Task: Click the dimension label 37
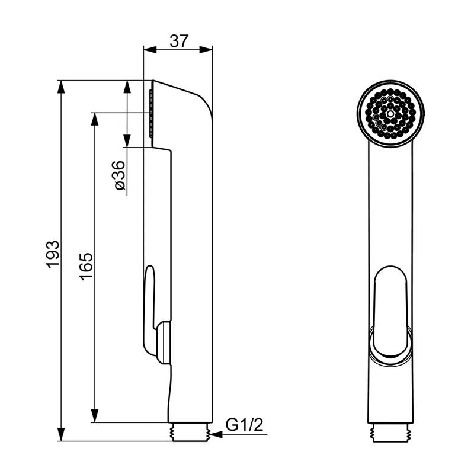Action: pyautogui.click(x=179, y=41)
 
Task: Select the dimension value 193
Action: pyautogui.click(x=53, y=254)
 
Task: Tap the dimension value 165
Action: pyautogui.click(x=87, y=266)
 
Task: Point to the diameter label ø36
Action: pyautogui.click(x=120, y=175)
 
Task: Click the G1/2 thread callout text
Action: pyautogui.click(x=245, y=425)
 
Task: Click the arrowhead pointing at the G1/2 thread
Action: pyautogui.click(x=216, y=435)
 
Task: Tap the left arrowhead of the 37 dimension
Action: pyautogui.click(x=150, y=50)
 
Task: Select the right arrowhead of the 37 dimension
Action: pyautogui.click(x=206, y=50)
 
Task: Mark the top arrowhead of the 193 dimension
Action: pyautogui.click(x=61, y=87)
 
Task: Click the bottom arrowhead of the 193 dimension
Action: pyautogui.click(x=61, y=434)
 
